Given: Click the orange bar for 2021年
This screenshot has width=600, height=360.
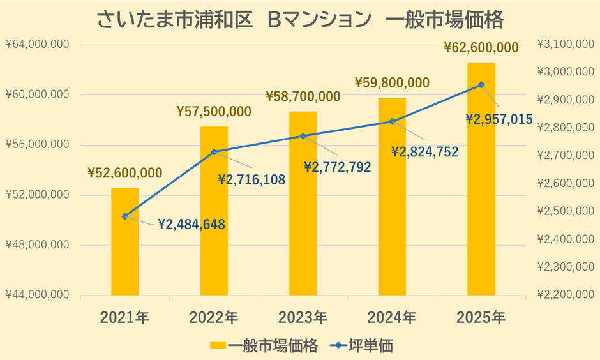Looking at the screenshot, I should point(125,241).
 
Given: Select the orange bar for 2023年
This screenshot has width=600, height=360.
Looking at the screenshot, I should point(303,203).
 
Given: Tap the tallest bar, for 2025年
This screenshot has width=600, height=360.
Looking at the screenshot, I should point(481,179).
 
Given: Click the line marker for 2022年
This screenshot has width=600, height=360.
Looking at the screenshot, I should point(214,152).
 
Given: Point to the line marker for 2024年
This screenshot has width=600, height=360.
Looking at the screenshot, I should point(393,121).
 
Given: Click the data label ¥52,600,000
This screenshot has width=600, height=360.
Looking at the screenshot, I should point(125,173).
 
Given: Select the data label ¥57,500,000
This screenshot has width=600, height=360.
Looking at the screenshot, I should point(214,111).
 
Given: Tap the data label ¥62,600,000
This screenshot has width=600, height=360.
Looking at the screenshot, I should point(481,47).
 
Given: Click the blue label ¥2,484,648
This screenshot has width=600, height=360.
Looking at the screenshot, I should point(191,224).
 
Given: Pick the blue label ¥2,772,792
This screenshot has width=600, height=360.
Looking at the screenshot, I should point(338,167).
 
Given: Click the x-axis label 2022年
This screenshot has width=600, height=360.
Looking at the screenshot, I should point(214,317).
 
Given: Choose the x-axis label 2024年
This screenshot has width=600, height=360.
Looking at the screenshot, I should point(392,317).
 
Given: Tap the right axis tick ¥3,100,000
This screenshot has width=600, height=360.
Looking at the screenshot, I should point(563,45).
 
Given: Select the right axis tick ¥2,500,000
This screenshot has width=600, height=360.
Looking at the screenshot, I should point(563,211).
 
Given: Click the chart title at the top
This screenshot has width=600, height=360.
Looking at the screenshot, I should point(300,20).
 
